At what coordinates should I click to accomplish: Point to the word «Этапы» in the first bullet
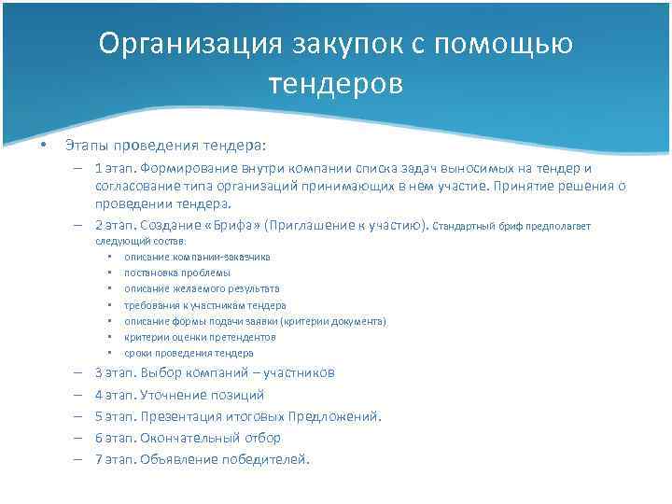pyautogui.click(x=83, y=146)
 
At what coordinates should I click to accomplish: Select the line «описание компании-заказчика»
pyautogui.click(x=197, y=257)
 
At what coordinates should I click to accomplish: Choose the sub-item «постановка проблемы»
pyautogui.click(x=176, y=273)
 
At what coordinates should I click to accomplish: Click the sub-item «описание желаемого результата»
pyautogui.click(x=202, y=288)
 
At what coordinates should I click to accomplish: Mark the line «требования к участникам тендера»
pyautogui.click(x=205, y=305)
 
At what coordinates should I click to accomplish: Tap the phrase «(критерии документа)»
pyautogui.click(x=330, y=321)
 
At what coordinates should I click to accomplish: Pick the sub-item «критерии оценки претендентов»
pyautogui.click(x=200, y=337)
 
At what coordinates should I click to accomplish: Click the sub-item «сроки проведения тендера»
pyautogui.click(x=189, y=353)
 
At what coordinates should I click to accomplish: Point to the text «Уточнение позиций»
pyautogui.click(x=203, y=395)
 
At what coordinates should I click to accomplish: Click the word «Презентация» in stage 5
pyautogui.click(x=177, y=416)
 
